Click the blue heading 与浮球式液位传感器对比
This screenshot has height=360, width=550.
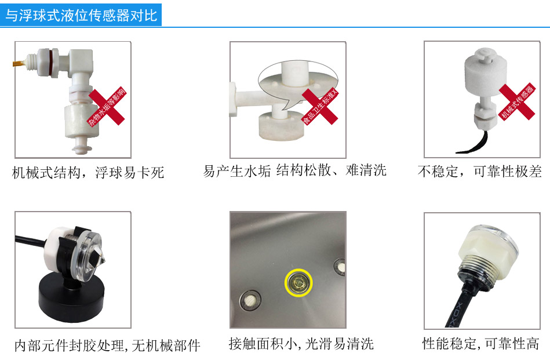coord(81,15)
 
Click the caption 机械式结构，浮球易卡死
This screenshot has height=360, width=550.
coord(88,172)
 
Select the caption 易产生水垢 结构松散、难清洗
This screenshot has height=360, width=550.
coord(294,171)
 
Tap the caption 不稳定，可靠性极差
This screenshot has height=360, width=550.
coord(479,172)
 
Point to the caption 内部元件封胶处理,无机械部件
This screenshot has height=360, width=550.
coord(107,346)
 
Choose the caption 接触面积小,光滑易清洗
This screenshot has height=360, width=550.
coord(301,344)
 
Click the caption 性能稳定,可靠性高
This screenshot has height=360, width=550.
coord(480,344)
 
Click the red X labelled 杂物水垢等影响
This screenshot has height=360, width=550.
coord(107,106)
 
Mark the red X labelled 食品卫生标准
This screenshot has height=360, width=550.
coord(320,107)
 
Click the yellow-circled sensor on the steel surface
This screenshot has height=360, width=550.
coord(298,283)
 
